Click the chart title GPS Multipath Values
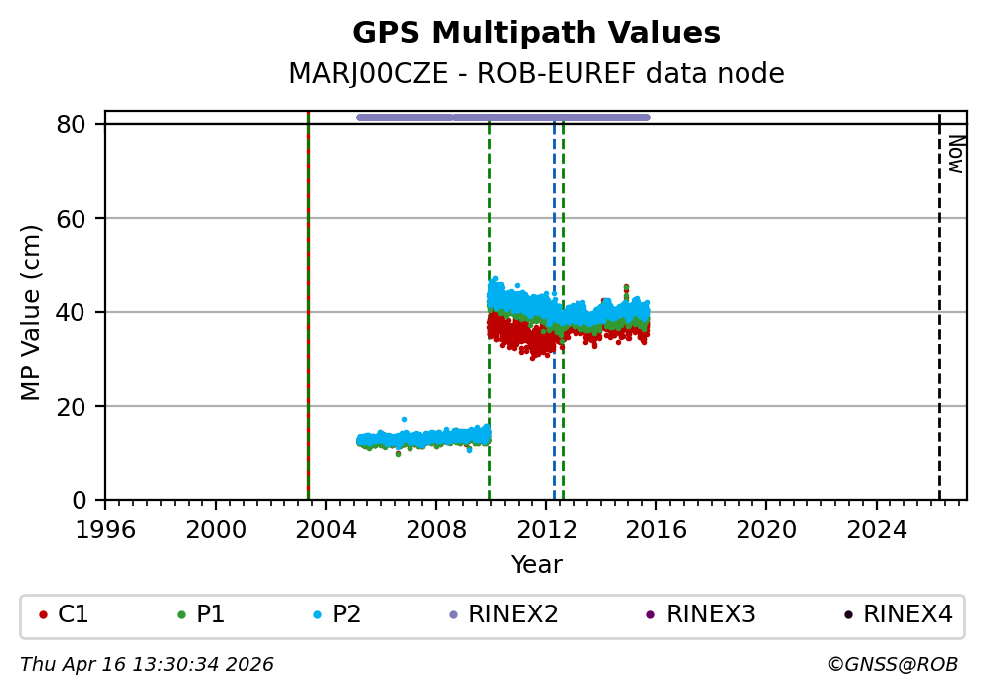[536, 34]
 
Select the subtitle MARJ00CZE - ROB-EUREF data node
[536, 74]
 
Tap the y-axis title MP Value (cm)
[31, 312]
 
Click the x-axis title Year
[536, 565]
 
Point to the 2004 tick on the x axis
[326, 529]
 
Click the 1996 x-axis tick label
[106, 529]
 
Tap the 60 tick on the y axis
[79, 219]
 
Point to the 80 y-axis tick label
[79, 124]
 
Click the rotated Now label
[955, 154]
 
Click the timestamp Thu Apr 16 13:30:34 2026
[147, 664]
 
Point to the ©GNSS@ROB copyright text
[893, 664]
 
